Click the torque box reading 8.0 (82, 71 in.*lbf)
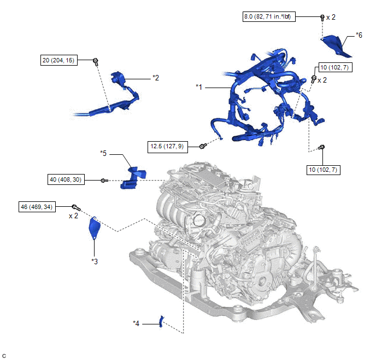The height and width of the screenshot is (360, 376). point(269,17)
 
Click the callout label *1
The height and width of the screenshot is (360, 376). point(199,87)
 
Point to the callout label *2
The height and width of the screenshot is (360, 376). point(156,78)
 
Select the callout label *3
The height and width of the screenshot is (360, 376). point(95,262)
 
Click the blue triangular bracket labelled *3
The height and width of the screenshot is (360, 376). point(94,228)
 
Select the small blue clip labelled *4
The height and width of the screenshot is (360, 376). point(162,321)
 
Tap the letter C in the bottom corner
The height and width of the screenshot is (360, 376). point(4,356)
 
